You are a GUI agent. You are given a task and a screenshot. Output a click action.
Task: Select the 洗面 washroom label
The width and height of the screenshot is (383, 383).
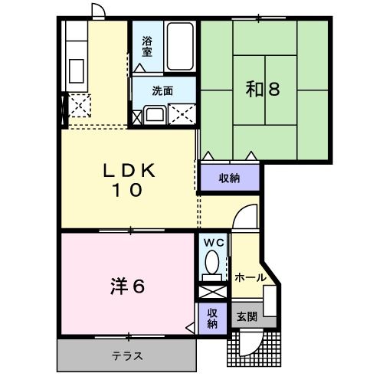click(162, 90)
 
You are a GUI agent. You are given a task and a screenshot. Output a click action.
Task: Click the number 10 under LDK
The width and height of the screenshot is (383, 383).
click(130, 191)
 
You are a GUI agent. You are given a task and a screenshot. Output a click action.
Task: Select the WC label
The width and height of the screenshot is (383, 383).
click(212, 243)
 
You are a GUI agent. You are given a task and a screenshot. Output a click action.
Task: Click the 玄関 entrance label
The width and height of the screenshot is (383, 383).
click(247, 316)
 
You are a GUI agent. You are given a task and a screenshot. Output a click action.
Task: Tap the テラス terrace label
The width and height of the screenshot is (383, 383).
click(127, 356)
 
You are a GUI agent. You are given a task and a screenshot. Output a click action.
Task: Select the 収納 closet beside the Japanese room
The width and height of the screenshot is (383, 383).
click(230, 178)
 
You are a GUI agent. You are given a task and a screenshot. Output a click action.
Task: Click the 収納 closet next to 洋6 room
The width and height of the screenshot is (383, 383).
click(212, 318)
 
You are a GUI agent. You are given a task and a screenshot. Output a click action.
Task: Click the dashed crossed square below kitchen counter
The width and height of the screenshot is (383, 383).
click(80, 104)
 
